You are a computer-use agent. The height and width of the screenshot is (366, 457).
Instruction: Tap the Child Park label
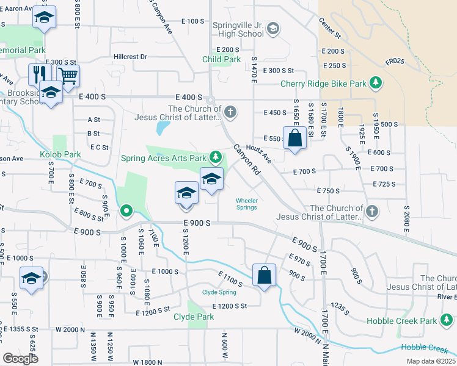tap(222, 60)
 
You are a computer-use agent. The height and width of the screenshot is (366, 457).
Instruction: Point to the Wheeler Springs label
tap(246, 204)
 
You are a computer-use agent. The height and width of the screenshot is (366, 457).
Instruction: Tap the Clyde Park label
tap(194, 317)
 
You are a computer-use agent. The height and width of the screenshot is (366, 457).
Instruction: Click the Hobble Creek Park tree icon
tap(447, 321)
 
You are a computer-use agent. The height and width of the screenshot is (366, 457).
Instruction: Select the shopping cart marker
tap(68, 76)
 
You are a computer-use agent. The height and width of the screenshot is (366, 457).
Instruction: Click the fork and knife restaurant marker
tap(38, 74)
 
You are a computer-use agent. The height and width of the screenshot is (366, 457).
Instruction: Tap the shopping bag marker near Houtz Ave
tap(294, 138)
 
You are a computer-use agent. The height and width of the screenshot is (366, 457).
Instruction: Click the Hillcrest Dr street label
tap(130, 57)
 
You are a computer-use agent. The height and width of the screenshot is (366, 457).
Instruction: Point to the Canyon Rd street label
tap(246, 160)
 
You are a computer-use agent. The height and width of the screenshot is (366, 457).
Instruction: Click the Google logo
tap(20, 358)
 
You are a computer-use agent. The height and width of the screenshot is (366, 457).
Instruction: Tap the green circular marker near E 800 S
tap(126, 212)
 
